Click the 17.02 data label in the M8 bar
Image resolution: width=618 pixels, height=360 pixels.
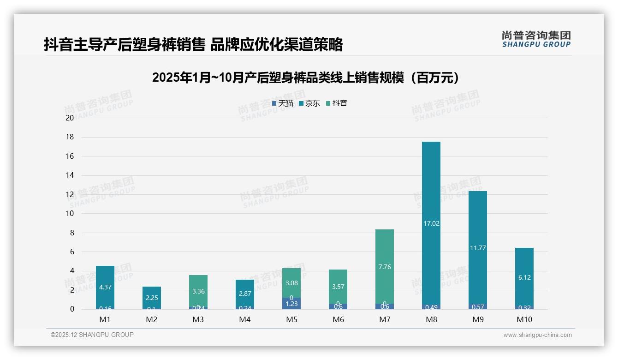[431, 223]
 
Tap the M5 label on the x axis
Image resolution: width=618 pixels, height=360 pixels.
[291, 319]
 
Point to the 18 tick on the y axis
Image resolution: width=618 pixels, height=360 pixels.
[70, 137]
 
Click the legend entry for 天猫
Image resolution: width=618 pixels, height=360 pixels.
[283, 103]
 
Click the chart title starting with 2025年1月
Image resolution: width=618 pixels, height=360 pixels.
[306, 78]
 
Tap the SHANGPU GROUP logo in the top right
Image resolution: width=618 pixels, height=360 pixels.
[536, 39]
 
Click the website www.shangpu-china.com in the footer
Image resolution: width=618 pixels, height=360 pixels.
[537, 335]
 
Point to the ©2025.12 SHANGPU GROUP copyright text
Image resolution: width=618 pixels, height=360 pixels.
[92, 335]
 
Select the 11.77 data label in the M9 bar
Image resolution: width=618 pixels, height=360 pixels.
[478, 248]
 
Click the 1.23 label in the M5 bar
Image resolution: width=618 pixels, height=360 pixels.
[291, 304]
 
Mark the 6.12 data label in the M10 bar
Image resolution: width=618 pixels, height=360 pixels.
[524, 277]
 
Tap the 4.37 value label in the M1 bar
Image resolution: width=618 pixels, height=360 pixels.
[105, 287]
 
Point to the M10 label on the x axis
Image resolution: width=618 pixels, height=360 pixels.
[524, 319]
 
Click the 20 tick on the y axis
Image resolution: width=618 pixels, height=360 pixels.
[70, 118]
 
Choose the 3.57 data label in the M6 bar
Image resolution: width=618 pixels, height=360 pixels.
[338, 287]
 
